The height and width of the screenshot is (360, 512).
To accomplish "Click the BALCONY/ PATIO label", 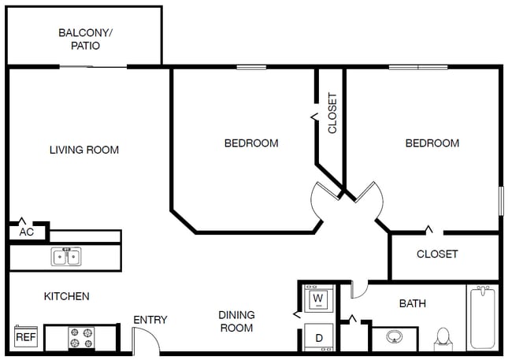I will tap(85, 39).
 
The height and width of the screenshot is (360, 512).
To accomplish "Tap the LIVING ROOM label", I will tap(84, 150).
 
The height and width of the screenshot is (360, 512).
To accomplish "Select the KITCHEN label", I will tap(66, 296).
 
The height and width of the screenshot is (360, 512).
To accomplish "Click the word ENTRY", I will tap(150, 320).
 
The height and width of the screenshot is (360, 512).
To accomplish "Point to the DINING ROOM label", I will tap(236, 321).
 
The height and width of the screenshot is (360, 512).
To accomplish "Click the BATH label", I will tap(413, 303).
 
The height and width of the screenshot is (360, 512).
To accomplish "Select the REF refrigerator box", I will tap(26, 338).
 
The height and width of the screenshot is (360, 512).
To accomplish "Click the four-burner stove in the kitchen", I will tap(81, 338).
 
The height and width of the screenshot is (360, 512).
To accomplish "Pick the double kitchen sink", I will tap(65, 257).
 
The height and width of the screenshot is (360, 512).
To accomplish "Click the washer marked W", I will tap(318, 299).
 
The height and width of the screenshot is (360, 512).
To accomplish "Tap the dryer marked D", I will tap(319, 337).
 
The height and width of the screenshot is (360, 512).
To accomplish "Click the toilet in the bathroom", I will tap(443, 338).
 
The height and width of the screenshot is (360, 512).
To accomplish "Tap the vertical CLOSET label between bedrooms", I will tap(332, 113).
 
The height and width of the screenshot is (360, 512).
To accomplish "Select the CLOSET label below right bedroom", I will tap(437, 254).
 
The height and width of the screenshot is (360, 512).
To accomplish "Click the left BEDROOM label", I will tap(251, 143).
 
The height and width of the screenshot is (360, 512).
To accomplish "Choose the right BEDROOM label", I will tap(432, 143).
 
